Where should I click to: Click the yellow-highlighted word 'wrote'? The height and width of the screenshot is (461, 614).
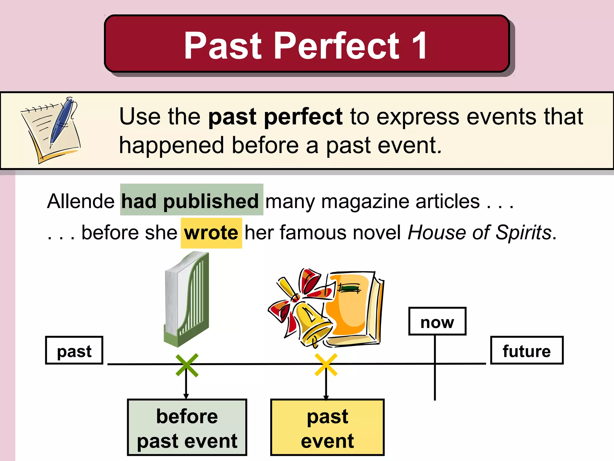[211, 233]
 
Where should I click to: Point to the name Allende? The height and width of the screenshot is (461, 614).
[81, 201]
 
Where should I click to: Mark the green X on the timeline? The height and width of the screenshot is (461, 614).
[187, 365]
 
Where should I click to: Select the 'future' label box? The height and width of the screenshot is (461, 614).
[527, 351]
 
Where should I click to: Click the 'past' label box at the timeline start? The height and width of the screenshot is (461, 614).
[74, 351]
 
